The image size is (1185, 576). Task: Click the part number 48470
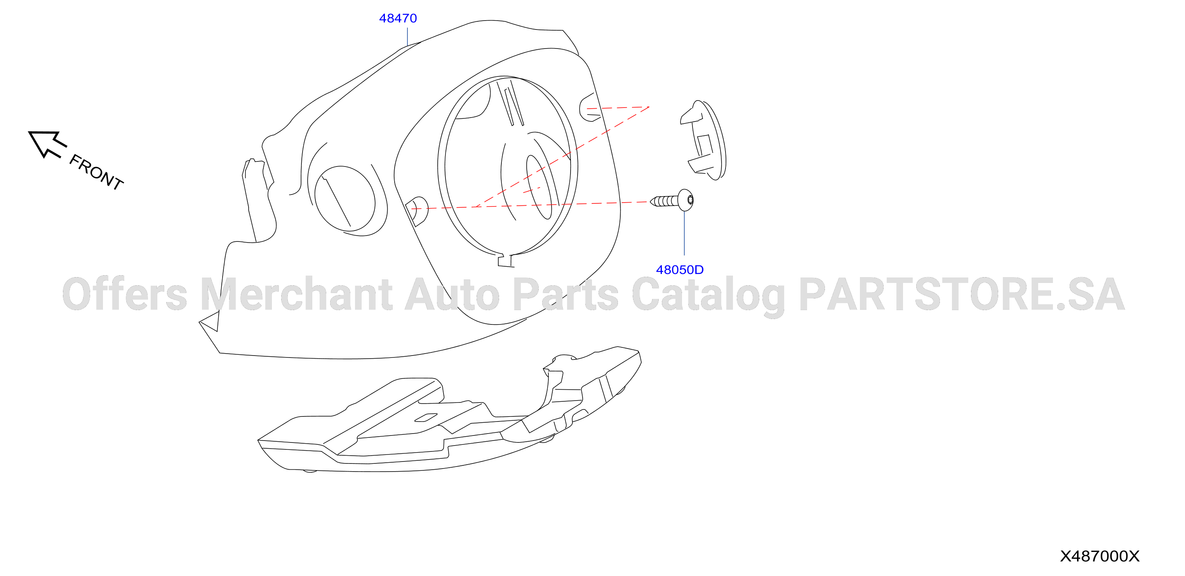[x=398, y=18]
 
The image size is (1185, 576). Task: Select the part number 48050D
[x=679, y=270]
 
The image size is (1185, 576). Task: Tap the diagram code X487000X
[x=1100, y=556]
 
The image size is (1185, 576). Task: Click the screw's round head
[x=686, y=200]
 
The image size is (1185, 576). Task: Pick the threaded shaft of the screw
[x=664, y=201]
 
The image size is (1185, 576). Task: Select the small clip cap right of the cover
[x=703, y=140]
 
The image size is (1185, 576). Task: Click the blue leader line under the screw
[x=684, y=233]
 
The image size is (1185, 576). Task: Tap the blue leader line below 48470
[x=407, y=37]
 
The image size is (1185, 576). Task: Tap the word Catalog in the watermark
[x=708, y=297]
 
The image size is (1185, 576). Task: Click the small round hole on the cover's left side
[x=345, y=199]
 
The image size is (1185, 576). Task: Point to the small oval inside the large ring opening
[x=539, y=187]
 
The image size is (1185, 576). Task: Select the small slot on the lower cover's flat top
[x=426, y=417]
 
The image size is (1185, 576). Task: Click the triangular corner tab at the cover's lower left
[x=210, y=321]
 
